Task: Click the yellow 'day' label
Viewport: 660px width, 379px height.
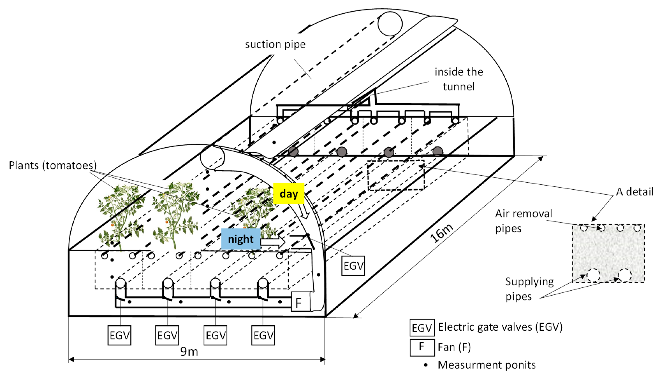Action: click(x=288, y=193)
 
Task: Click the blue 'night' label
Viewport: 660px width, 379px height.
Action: click(x=241, y=239)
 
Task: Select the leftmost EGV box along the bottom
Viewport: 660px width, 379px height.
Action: click(x=119, y=335)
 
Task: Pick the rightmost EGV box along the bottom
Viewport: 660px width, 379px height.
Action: click(x=263, y=335)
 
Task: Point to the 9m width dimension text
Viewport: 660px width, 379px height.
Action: click(x=189, y=352)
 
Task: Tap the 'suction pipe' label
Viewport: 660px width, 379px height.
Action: click(x=275, y=44)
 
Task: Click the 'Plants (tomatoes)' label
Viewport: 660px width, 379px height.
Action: click(x=52, y=165)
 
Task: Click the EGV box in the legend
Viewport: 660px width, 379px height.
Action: click(x=422, y=328)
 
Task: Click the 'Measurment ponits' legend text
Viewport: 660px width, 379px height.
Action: click(x=486, y=365)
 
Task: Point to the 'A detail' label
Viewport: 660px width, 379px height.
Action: click(x=634, y=192)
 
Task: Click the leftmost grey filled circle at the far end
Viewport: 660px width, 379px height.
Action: click(x=293, y=151)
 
